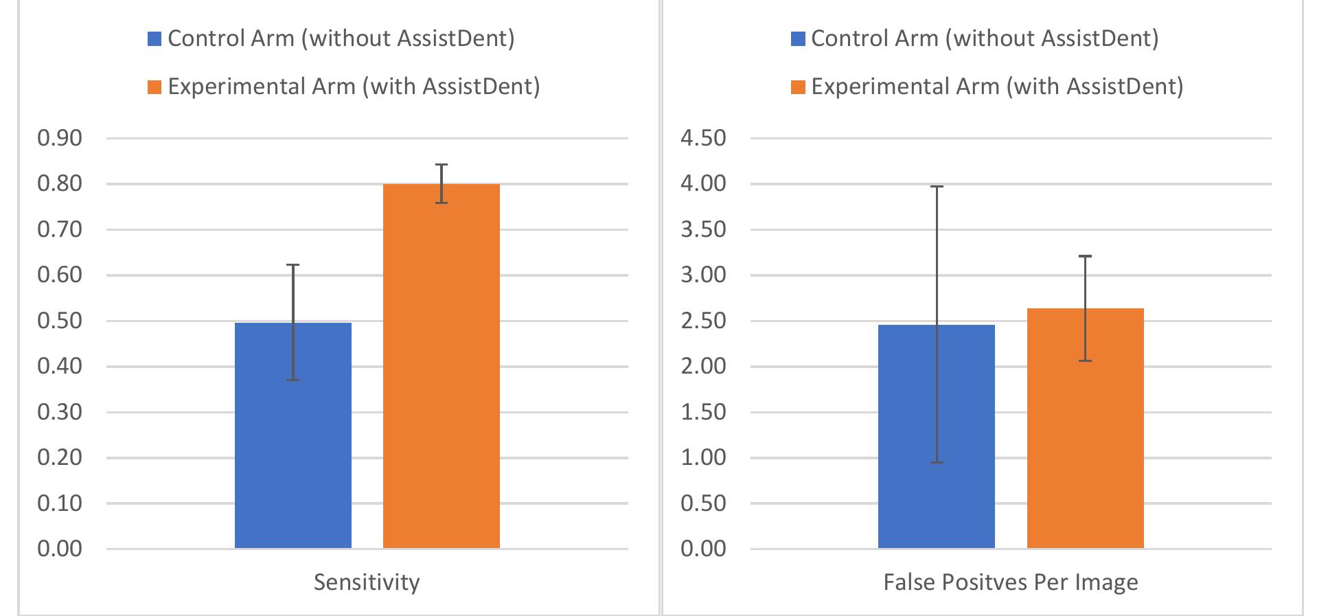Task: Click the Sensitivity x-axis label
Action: [x=367, y=582]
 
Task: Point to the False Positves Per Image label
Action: [x=1010, y=582]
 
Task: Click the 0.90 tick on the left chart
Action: [x=60, y=138]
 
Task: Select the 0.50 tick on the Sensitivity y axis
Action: [x=60, y=321]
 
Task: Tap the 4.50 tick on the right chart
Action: [x=703, y=138]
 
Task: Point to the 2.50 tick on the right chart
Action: [x=703, y=321]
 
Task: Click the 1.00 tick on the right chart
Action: [x=703, y=457]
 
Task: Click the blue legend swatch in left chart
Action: [x=154, y=38]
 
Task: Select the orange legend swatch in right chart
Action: [x=798, y=87]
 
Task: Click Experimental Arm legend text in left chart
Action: [x=354, y=87]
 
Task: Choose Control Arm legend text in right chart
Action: [x=984, y=38]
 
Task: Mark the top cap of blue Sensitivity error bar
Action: [x=293, y=264]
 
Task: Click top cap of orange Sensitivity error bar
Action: [x=441, y=165]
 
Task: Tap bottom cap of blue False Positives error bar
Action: [x=936, y=462]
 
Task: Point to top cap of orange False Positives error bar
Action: [x=1085, y=256]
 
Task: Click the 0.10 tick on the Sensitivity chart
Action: [x=60, y=503]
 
